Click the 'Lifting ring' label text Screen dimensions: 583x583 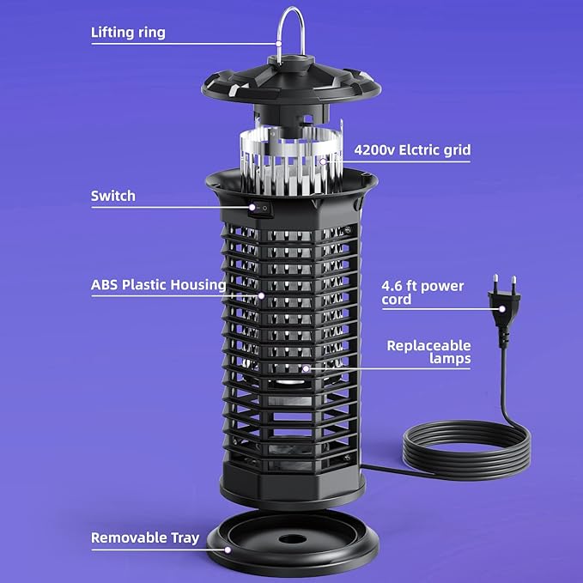(128, 33)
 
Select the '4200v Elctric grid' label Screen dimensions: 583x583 (412, 150)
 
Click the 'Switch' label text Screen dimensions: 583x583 (113, 196)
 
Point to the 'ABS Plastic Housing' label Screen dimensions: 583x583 (158, 285)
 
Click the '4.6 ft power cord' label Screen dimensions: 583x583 (422, 293)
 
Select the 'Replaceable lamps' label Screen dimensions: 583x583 (428, 352)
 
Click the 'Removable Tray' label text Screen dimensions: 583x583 (145, 538)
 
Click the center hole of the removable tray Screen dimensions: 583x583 (293, 538)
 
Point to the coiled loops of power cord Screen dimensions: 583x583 (467, 450)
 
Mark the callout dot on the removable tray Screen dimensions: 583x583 (228, 550)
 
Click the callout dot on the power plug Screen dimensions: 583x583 (502, 309)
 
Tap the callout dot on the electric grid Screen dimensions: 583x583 (323, 161)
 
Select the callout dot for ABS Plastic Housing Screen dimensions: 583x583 (261, 295)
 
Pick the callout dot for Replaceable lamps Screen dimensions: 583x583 (306, 368)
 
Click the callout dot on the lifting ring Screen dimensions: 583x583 (279, 44)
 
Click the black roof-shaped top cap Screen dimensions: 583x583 (291, 82)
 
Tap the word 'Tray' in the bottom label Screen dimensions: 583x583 (185, 538)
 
